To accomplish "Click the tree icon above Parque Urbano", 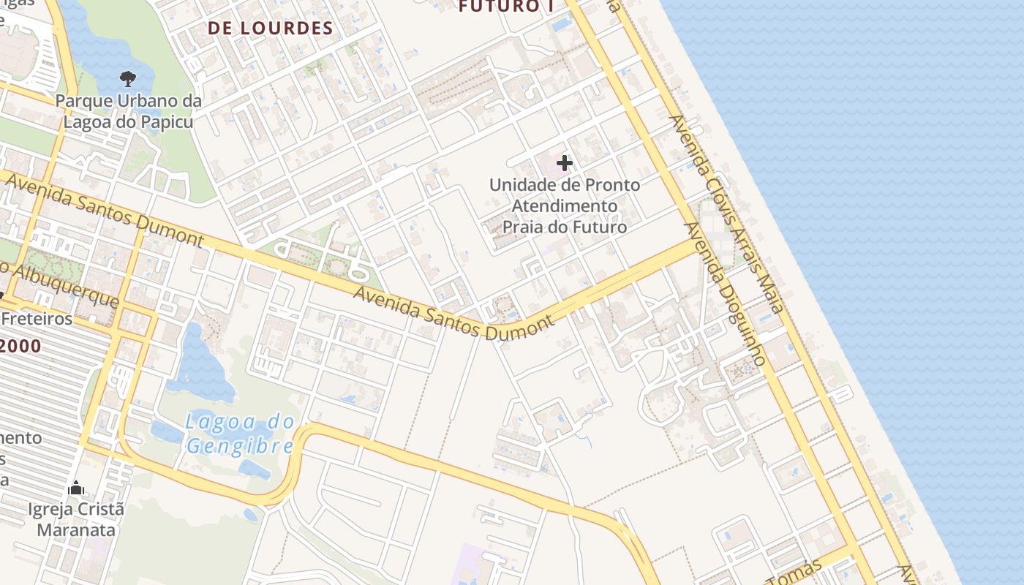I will [128, 78].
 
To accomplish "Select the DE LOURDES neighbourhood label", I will [270, 29].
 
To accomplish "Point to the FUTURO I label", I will [505, 6].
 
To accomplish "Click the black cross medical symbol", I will [565, 162].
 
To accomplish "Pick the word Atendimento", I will [564, 206].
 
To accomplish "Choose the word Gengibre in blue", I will [239, 446].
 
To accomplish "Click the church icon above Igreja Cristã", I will [76, 488].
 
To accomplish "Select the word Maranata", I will [76, 529].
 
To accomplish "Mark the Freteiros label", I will [37, 319].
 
